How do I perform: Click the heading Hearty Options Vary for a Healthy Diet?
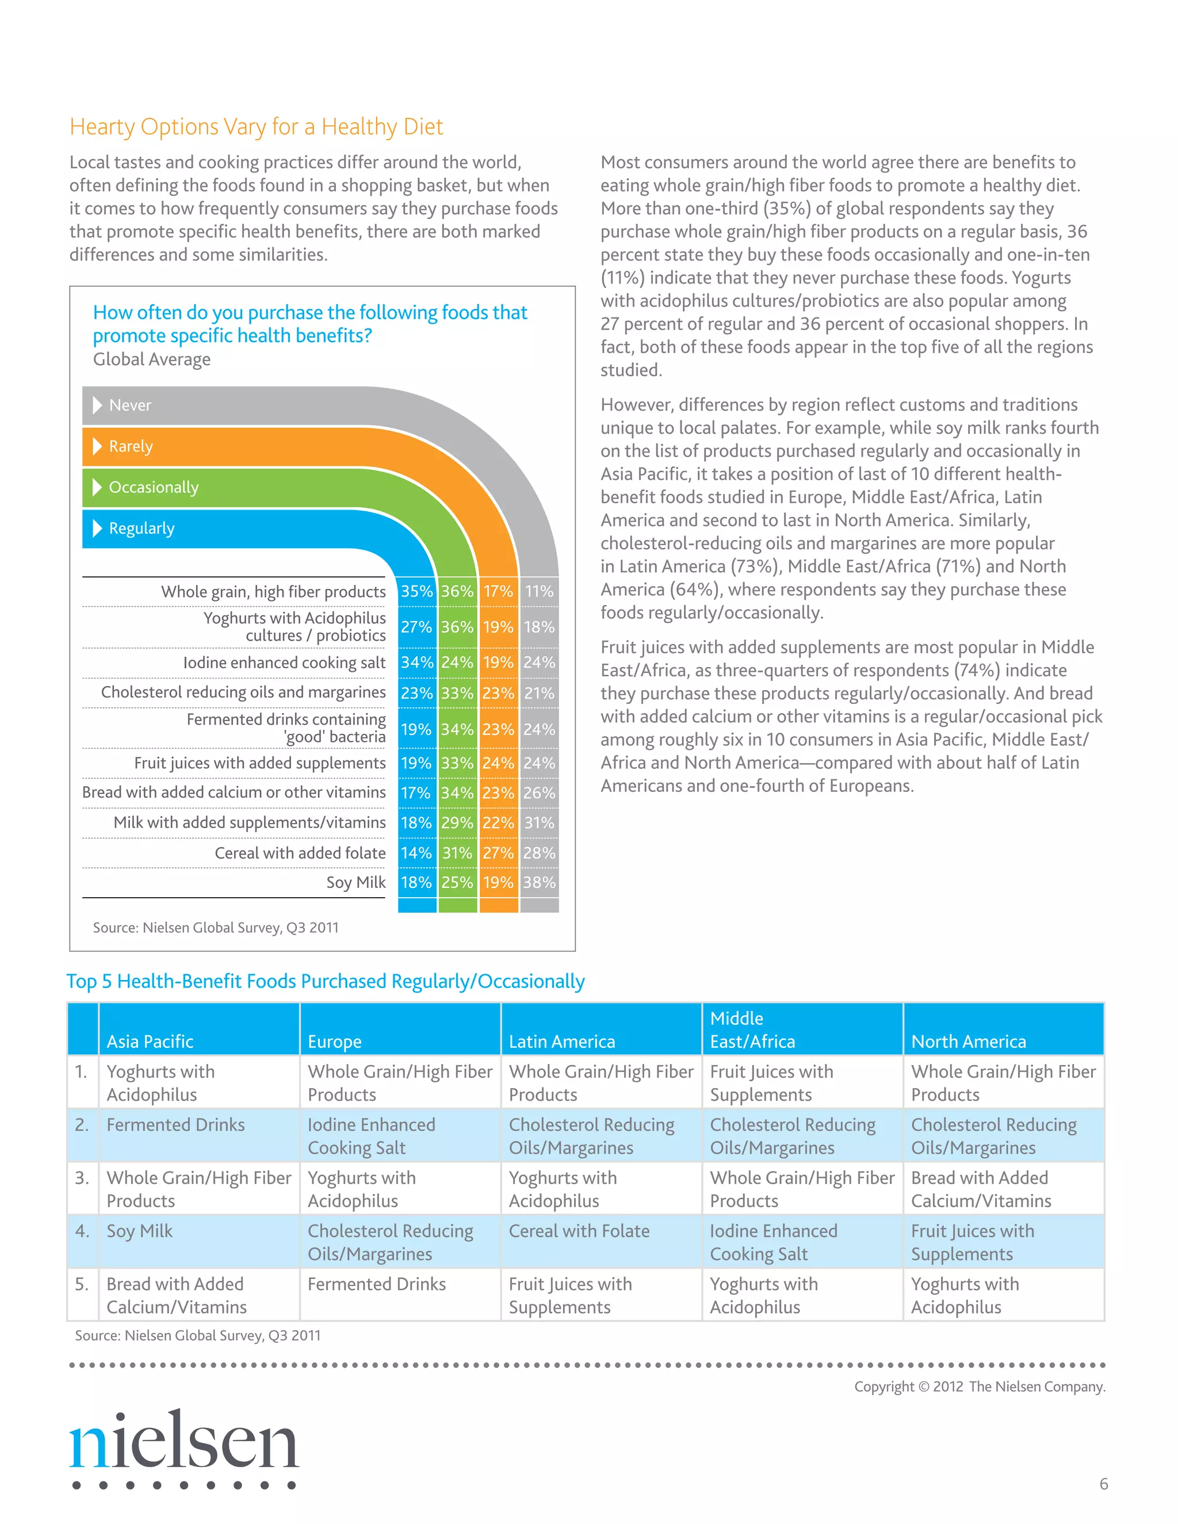[256, 127]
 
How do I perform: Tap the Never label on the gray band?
[130, 405]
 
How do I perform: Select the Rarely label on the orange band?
[131, 447]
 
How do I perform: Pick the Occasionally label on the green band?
[154, 488]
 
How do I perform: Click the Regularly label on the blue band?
[141, 529]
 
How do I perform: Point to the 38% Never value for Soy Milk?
[540, 883]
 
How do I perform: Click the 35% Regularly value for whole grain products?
[416, 592]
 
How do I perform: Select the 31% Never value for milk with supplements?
[540, 824]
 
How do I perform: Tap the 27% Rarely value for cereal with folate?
[498, 853]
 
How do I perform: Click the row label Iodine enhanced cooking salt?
[284, 663]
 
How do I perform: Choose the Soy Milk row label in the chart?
[356, 883]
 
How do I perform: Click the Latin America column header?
[562, 1042]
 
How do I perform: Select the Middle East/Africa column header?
[752, 1030]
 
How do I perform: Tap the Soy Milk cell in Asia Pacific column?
[140, 1232]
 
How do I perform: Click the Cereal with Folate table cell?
[579, 1232]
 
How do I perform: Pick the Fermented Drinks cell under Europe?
[376, 1285]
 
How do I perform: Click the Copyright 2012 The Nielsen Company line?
[979, 1387]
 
